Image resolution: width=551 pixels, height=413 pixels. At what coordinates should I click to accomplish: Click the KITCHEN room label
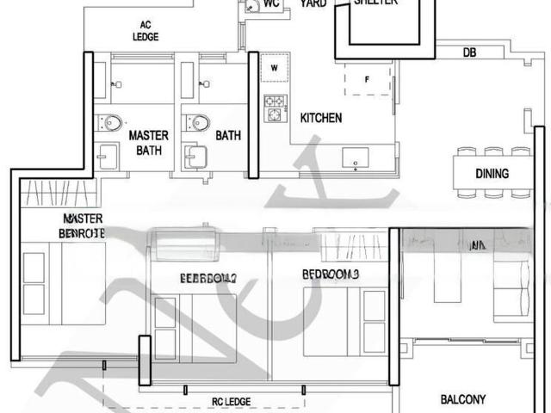[x=320, y=118]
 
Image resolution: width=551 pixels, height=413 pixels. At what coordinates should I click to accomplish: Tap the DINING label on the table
[x=492, y=174]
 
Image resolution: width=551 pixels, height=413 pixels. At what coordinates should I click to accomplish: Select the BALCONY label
[x=462, y=399]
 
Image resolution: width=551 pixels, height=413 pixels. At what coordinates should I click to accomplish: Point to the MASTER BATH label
[x=148, y=143]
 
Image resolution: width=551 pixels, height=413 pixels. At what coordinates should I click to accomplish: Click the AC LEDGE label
[x=145, y=31]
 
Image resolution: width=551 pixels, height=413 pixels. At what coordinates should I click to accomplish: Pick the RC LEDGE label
[x=231, y=402]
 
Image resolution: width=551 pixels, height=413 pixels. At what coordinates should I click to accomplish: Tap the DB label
[x=469, y=52]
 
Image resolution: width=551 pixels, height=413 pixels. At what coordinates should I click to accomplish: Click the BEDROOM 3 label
[x=330, y=274]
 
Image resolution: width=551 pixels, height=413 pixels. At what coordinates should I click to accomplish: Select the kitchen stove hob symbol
[x=275, y=108]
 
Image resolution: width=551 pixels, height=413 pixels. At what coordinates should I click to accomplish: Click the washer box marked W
[x=275, y=67]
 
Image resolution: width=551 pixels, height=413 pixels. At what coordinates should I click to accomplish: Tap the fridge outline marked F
[x=367, y=79]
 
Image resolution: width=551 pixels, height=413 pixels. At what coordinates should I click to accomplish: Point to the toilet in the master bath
[x=110, y=122]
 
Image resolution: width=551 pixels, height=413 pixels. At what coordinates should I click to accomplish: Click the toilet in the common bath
[x=200, y=122]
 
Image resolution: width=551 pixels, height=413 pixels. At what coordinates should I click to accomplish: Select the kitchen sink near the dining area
[x=355, y=157]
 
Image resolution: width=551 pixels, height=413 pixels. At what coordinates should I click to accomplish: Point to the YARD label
[x=313, y=3]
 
